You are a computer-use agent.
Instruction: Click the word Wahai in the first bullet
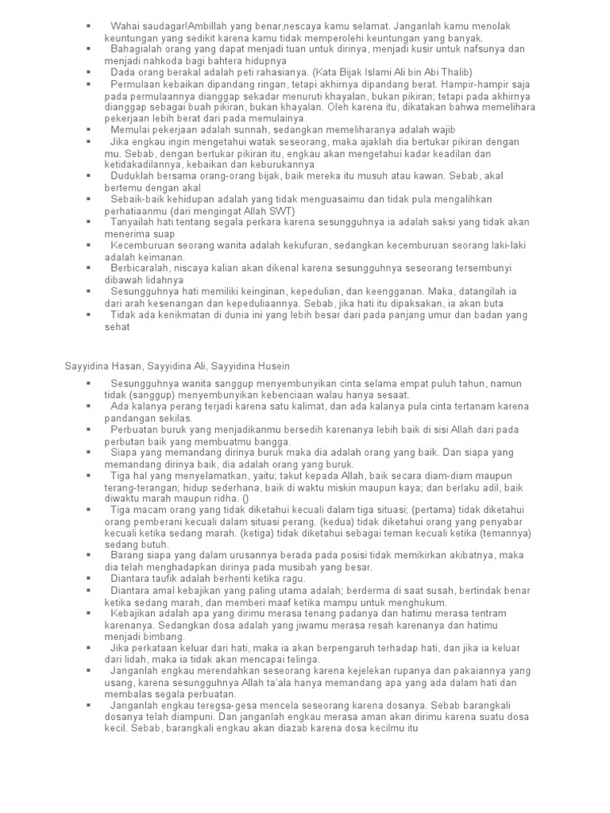click(125, 26)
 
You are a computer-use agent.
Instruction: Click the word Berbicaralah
click(142, 269)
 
